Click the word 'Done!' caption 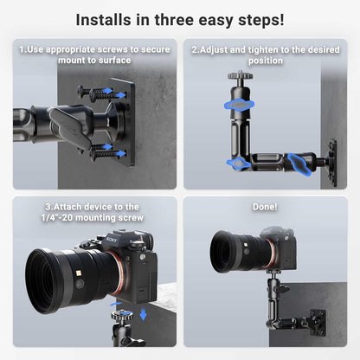coord(266,207)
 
